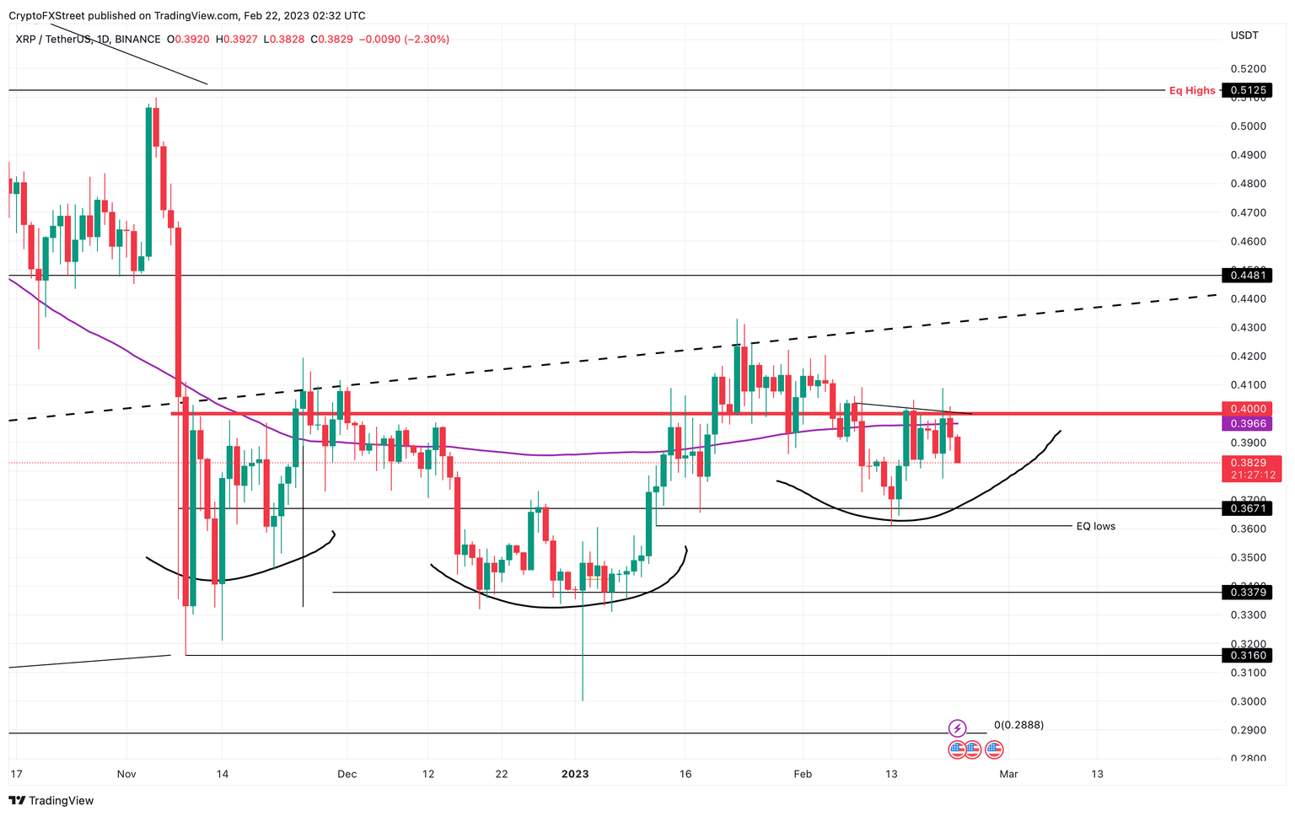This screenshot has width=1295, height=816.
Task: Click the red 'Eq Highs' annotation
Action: pos(1191,90)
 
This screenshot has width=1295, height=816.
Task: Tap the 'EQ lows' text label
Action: pos(1095,526)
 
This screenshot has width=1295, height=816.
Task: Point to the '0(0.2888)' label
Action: pos(1018,725)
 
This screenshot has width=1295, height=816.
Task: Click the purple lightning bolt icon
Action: pos(957,727)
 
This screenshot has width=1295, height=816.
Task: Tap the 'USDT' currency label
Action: pos(1244,35)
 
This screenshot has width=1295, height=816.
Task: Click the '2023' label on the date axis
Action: pos(575,774)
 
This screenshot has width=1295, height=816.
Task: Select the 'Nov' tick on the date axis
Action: pos(126,774)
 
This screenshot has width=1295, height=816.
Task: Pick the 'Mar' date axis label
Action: pos(1008,774)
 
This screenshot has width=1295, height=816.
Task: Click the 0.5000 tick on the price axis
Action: pos(1248,126)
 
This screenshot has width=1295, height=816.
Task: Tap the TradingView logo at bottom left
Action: pos(51,801)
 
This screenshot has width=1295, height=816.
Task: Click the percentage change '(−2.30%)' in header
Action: pos(427,40)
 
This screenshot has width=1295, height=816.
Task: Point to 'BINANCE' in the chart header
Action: pos(137,40)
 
